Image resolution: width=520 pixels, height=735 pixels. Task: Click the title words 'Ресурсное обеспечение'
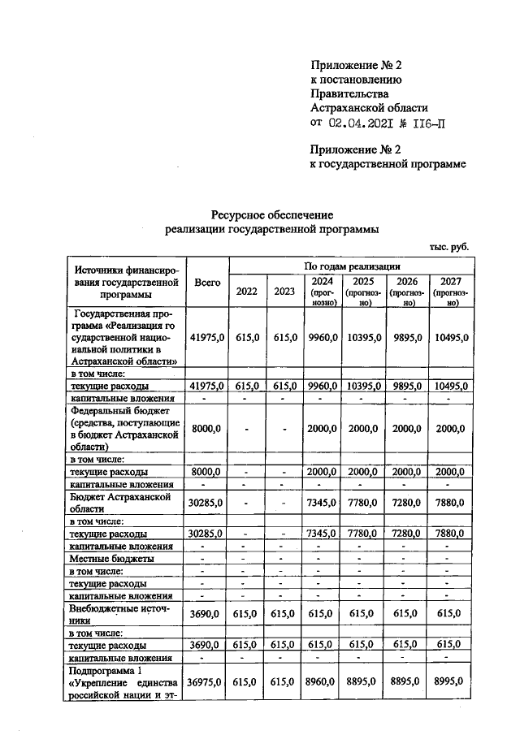(x=271, y=215)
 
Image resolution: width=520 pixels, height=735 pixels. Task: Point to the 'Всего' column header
(x=207, y=282)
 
